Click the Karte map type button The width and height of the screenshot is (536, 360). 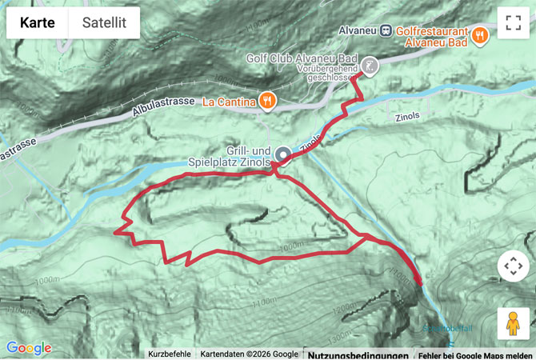point(38,23)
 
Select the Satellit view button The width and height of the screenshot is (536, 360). point(104,23)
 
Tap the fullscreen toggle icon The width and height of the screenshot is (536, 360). point(513,23)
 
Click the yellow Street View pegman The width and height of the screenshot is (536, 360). point(513,323)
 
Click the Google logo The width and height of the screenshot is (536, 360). point(29,349)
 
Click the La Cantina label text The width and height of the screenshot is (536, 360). point(228,102)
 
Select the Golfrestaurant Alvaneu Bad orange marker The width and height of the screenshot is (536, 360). point(480,34)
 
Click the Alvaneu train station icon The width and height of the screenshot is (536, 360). point(386,30)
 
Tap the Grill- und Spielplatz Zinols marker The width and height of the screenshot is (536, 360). point(282,153)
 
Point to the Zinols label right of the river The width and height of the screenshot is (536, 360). point(406,116)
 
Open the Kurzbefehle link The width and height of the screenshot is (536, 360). point(170,354)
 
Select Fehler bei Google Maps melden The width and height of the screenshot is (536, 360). point(475,354)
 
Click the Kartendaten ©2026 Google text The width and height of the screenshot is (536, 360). point(248,354)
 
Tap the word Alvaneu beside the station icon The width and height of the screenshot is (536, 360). point(357,30)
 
